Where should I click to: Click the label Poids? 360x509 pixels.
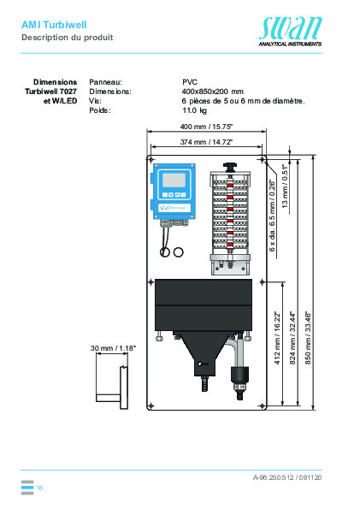(x=100, y=110)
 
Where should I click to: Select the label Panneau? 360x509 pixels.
(x=106, y=81)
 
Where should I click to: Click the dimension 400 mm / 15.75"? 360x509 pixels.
(x=205, y=126)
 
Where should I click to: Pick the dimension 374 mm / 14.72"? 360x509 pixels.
(x=205, y=142)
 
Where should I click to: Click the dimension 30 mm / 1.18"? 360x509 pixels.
(x=113, y=349)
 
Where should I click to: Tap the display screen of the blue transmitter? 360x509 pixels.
(x=175, y=203)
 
